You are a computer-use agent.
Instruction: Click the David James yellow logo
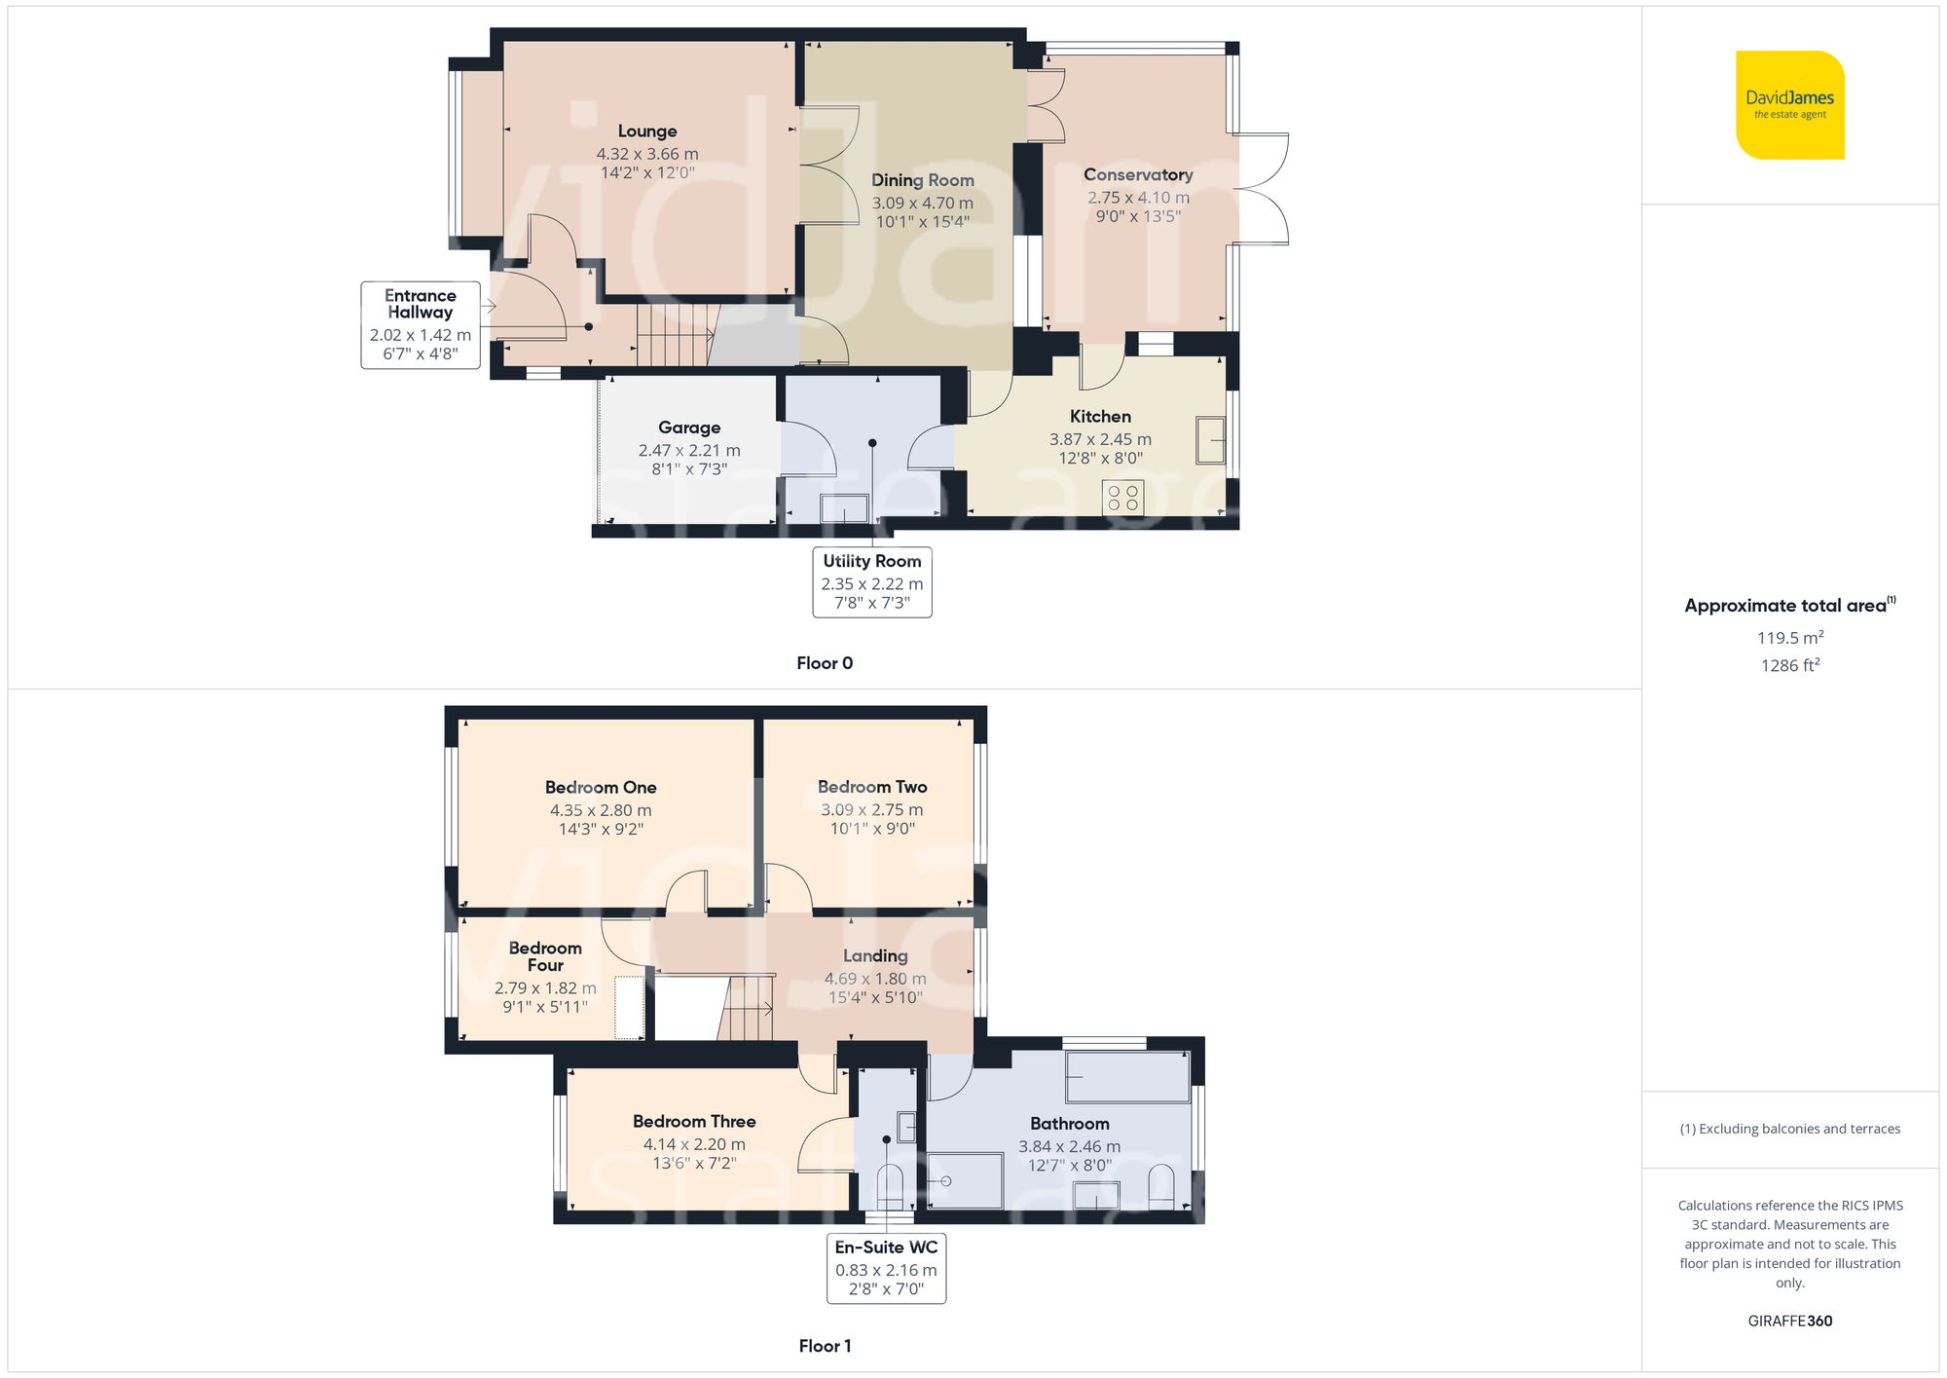coord(1789,105)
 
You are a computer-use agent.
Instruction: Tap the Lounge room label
coord(647,131)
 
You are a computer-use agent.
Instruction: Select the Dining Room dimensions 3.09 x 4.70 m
coord(922,203)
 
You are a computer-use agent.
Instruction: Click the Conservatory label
coord(1138,175)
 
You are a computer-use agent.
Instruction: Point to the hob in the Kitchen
coord(1122,498)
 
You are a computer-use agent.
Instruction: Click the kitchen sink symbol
coord(1210,440)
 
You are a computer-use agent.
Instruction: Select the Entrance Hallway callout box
coord(421,324)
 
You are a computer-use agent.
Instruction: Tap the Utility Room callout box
coord(872,581)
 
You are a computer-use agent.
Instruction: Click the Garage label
coord(689,428)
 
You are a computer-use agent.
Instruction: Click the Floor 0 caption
coord(825,663)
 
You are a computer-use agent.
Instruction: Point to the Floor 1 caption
coord(825,1346)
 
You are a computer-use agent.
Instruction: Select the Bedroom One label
coord(601,787)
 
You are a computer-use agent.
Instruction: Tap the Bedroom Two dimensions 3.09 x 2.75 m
coord(872,809)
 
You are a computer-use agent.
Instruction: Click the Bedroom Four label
coord(545,956)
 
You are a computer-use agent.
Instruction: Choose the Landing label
coord(875,956)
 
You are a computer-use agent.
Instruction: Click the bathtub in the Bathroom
coord(1127,1077)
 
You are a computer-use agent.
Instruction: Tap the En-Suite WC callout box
coord(886,1267)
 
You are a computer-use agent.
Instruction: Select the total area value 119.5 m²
coord(1789,638)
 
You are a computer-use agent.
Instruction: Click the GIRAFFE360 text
coord(1789,1321)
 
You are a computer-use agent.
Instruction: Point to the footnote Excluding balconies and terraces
coord(1789,1129)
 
